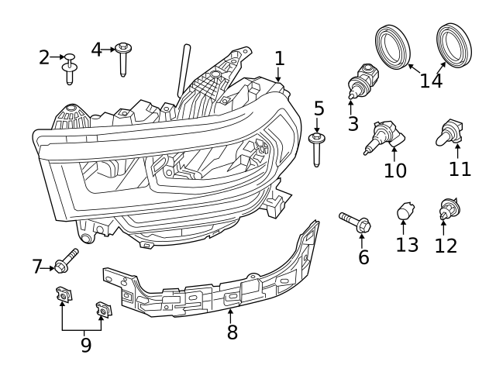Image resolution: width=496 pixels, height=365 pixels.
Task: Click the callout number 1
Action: pos(280,57)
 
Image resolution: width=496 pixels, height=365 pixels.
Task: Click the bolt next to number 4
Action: pos(122,59)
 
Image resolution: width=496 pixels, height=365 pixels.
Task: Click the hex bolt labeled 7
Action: pos(66,261)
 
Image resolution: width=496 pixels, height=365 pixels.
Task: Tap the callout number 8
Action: pos(232,332)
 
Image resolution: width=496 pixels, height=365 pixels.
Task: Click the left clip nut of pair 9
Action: pos(63,295)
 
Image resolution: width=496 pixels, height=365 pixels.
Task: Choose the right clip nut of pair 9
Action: pos(102,309)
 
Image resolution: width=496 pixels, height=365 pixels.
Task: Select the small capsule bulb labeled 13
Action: pos(403,211)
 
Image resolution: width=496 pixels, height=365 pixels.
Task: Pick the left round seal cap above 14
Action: pos(393,46)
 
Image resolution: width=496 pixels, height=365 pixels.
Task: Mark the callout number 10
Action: pos(394,170)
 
